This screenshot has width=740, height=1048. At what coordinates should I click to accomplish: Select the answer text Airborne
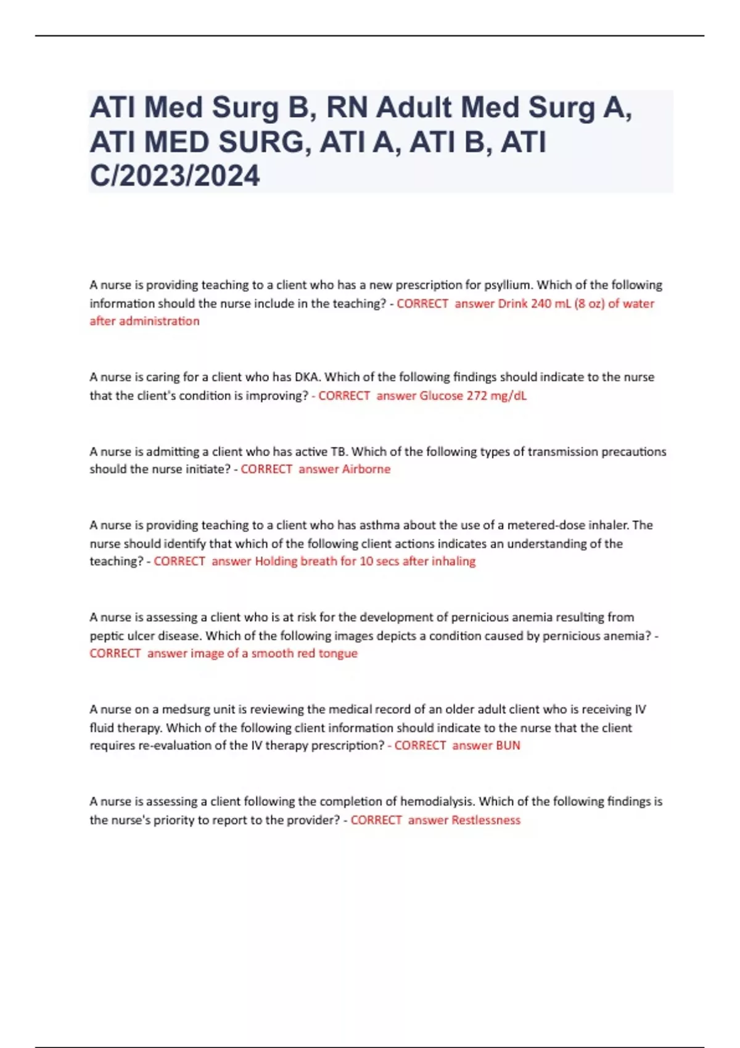click(x=366, y=469)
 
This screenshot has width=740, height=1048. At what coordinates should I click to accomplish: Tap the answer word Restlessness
click(x=486, y=820)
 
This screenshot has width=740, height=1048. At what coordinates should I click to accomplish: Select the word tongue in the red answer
click(x=338, y=653)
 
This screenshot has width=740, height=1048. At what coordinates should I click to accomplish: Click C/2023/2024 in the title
click(x=175, y=176)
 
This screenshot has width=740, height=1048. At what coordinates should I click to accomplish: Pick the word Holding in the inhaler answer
click(x=276, y=562)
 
